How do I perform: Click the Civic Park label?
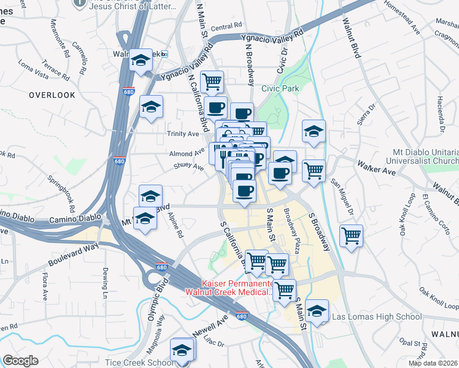(x=280, y=88)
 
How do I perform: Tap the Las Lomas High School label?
(x=376, y=317)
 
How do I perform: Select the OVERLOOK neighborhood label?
(x=52, y=95)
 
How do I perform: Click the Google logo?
(x=20, y=361)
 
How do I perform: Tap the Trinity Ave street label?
(x=183, y=134)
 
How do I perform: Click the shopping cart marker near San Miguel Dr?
(x=351, y=236)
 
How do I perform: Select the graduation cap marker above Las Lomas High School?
(x=317, y=312)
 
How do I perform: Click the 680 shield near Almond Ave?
(x=120, y=161)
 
